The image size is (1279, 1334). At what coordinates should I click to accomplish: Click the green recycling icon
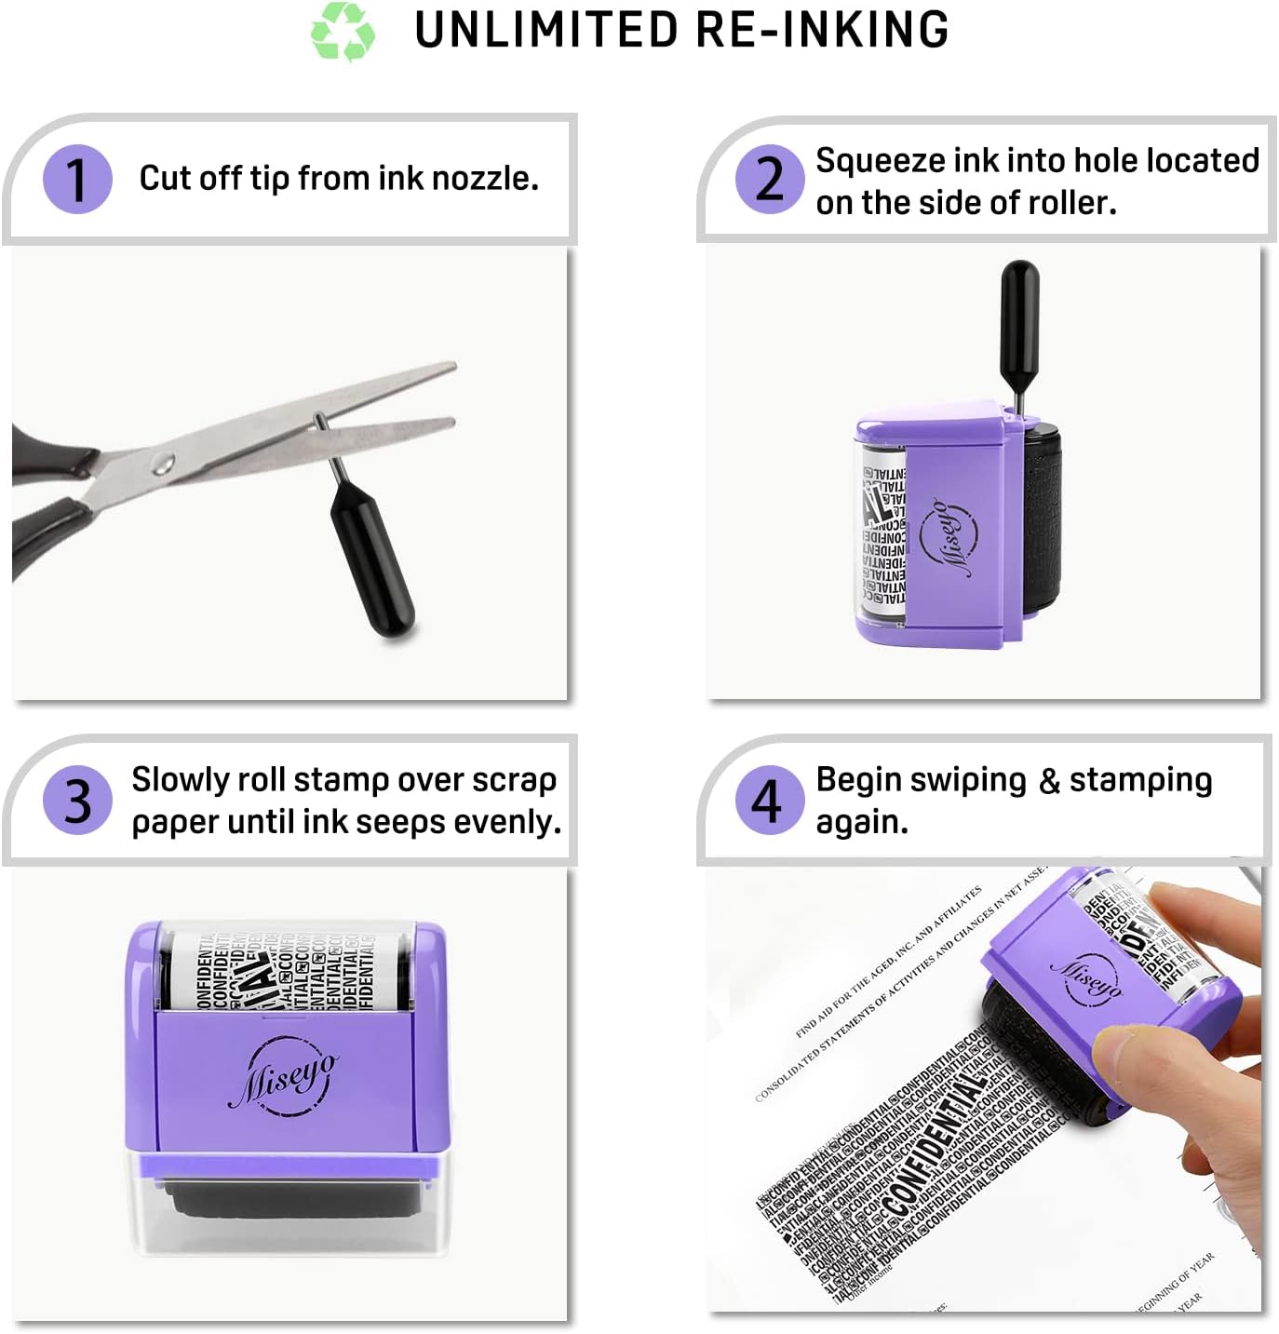343,31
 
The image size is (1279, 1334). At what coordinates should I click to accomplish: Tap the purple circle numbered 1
77,179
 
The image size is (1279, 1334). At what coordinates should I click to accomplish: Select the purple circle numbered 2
770,179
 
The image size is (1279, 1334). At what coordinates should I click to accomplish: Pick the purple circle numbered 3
77,800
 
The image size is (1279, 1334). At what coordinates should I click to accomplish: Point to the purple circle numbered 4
769,800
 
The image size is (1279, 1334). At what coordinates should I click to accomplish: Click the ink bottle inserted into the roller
1019,317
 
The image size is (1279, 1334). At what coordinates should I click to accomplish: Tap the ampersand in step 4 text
1049,781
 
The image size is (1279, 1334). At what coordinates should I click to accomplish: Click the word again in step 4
861,822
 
